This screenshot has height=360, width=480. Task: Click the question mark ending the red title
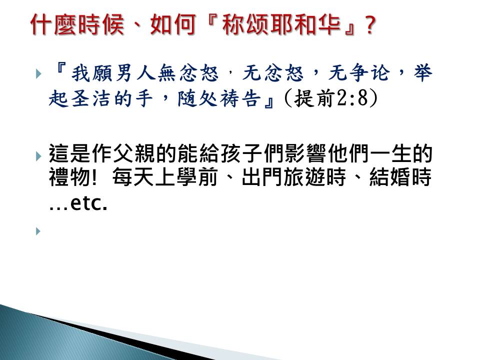(x=370, y=25)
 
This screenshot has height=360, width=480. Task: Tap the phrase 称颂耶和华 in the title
(x=281, y=24)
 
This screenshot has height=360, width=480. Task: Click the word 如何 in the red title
(x=173, y=24)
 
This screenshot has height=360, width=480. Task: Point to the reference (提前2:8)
(x=331, y=98)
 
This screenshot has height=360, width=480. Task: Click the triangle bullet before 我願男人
(x=38, y=74)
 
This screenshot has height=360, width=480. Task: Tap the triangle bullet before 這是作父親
(x=38, y=156)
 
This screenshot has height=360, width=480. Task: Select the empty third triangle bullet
(x=38, y=231)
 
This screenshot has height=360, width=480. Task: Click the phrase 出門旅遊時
(x=293, y=177)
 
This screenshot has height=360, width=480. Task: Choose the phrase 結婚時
(x=400, y=177)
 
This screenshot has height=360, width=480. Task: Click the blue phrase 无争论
(x=359, y=73)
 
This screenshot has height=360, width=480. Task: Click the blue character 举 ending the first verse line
(x=423, y=73)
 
